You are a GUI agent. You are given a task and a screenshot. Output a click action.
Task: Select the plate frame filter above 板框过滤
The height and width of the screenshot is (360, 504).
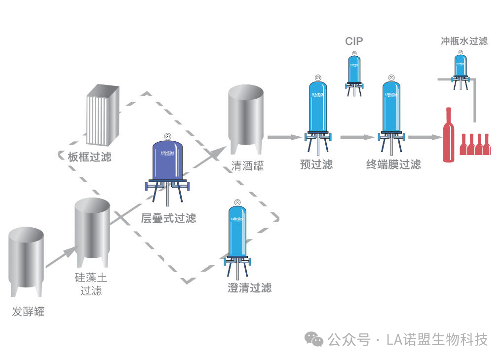(x=103, y=114)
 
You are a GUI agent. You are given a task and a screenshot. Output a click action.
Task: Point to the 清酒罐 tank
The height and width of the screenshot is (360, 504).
(x=245, y=116)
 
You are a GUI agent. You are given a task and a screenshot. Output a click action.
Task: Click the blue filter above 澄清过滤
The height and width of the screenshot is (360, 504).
(x=237, y=235)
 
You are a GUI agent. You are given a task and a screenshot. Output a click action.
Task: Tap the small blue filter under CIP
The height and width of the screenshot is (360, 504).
(x=354, y=70)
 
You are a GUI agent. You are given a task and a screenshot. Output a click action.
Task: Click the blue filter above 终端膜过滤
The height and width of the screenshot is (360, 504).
(x=391, y=109)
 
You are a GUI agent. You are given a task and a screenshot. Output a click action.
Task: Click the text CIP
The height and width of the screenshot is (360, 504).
(x=354, y=41)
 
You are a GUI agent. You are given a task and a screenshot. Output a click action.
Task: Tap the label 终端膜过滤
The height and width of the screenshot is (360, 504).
(x=393, y=164)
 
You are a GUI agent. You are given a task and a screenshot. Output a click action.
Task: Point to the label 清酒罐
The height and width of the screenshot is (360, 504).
(x=247, y=166)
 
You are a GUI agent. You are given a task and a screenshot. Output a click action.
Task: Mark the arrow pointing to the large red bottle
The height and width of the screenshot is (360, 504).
(x=424, y=137)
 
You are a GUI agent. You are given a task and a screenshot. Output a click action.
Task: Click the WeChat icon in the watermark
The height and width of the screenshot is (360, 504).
(x=314, y=339)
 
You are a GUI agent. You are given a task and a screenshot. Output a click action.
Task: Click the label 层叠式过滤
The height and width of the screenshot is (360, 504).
(x=168, y=218)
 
